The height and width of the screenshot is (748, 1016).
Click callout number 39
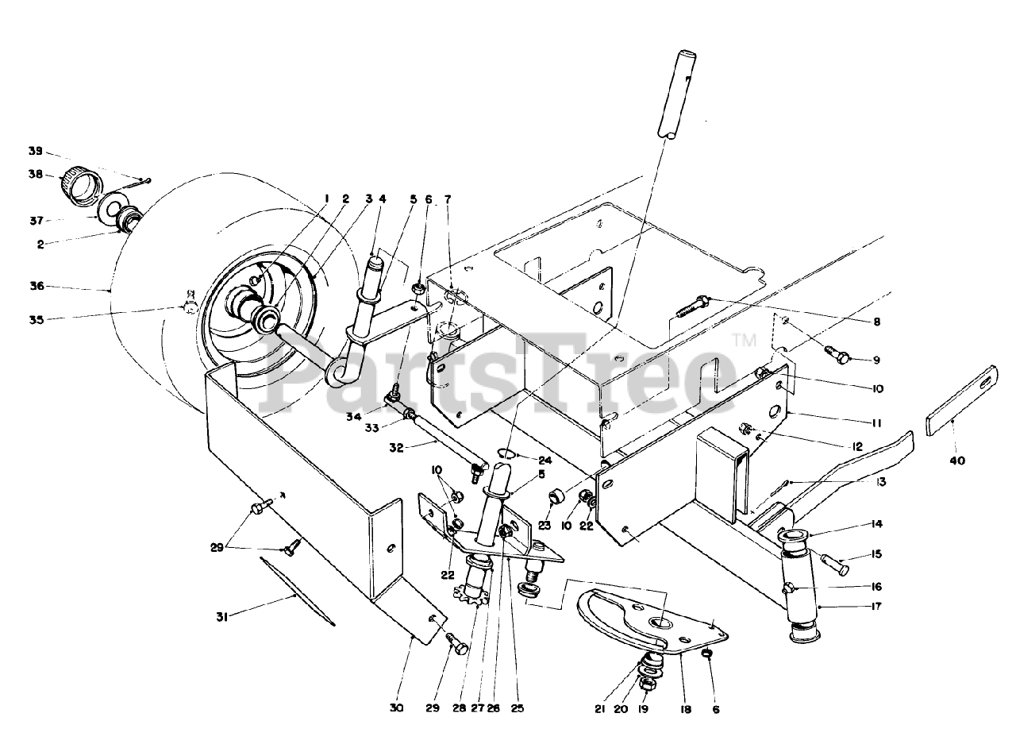(x=34, y=151)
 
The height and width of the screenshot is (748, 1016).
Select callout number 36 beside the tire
(x=34, y=287)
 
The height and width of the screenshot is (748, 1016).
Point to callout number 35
(x=34, y=319)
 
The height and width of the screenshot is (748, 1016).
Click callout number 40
(x=957, y=461)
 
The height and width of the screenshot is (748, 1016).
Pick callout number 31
(x=223, y=615)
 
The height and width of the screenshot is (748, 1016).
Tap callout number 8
(x=876, y=322)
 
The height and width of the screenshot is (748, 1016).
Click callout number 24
(x=545, y=459)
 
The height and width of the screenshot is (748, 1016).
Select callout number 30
(x=398, y=708)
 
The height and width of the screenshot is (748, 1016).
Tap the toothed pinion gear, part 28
(x=475, y=613)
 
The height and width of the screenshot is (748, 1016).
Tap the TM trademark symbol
(x=744, y=341)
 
